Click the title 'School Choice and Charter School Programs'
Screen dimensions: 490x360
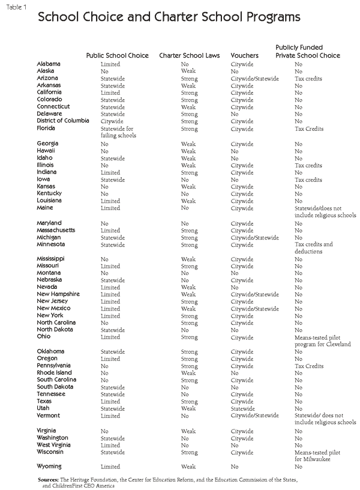point(169,17)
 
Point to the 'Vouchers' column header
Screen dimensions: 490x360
point(245,55)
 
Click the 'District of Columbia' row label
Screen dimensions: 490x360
point(63,121)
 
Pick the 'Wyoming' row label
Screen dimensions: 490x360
point(49,467)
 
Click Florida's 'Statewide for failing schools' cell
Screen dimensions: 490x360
point(118,132)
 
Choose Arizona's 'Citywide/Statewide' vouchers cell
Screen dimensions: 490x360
point(254,79)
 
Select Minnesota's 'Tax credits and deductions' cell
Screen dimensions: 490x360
point(313,248)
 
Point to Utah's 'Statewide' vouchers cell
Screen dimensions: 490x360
point(243,408)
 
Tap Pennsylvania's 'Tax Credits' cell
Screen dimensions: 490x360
point(308,366)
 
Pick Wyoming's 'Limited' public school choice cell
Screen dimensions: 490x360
point(110,467)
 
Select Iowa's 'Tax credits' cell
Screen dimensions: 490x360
point(308,180)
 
